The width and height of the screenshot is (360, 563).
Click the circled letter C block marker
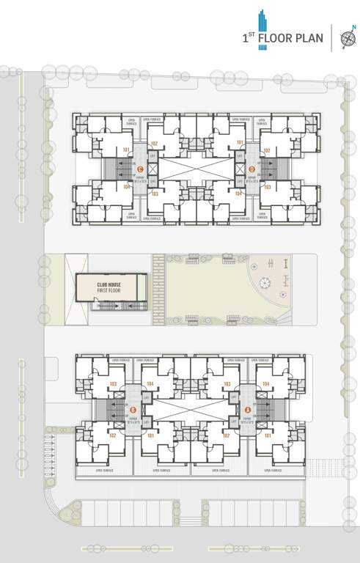140,169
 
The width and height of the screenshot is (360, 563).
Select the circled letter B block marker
133,410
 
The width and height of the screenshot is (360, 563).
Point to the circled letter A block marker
247,410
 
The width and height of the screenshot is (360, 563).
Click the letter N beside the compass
354,28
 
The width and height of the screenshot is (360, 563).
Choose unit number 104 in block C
126,187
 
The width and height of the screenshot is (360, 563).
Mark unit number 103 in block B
113,384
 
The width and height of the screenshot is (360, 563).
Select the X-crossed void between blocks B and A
191,410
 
